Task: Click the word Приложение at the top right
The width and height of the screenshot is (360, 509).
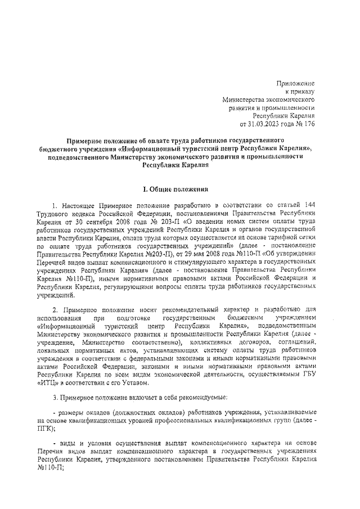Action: point(299,83)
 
